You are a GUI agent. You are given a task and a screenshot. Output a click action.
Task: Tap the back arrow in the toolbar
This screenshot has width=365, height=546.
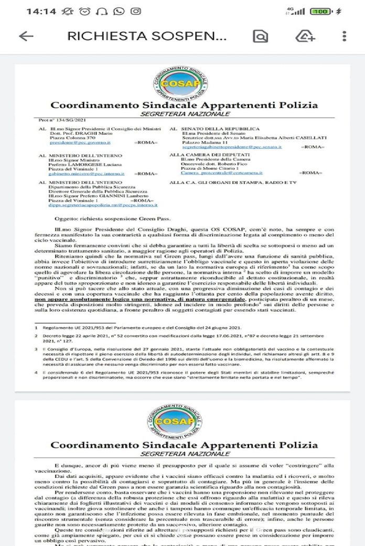(26, 36)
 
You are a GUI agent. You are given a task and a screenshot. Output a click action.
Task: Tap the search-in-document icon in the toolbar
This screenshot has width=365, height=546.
(260, 36)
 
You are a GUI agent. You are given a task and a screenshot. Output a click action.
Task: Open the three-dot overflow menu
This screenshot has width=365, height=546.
(344, 36)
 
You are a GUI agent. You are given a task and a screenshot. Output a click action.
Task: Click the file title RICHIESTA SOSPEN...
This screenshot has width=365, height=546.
(147, 36)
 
